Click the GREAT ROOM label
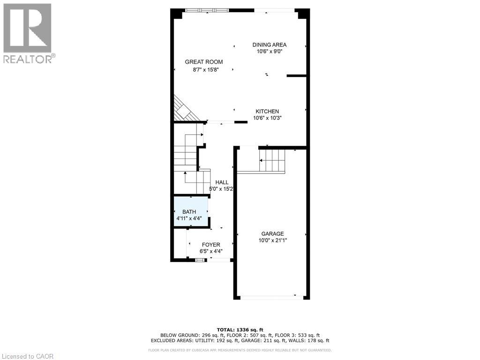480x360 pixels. (x=203, y=62)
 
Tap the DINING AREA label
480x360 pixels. (x=269, y=45)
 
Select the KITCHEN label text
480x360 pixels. (x=267, y=112)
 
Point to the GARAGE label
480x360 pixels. (x=272, y=234)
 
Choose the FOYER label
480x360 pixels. (x=211, y=245)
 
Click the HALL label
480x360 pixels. (x=222, y=182)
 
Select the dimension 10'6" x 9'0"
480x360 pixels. (x=269, y=52)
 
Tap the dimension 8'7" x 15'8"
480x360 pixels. (x=206, y=69)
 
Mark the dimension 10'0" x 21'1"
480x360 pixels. (x=272, y=240)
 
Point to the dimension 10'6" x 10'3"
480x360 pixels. (x=267, y=118)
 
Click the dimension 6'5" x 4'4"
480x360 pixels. (x=211, y=251)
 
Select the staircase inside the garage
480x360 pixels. (x=271, y=160)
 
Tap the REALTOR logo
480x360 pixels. (x=28, y=33)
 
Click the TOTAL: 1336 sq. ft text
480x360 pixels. (x=240, y=330)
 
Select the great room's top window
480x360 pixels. (x=207, y=10)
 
